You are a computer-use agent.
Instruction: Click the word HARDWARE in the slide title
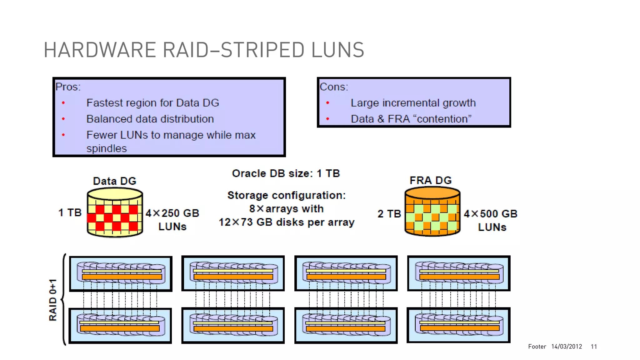(x=100, y=50)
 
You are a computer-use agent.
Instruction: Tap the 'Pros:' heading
(x=68, y=87)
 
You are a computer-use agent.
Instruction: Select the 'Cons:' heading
(x=334, y=87)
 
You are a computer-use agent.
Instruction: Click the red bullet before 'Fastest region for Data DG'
(x=63, y=103)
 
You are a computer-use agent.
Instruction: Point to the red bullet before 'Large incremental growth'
(x=327, y=103)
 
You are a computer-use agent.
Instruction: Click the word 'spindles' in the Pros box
(x=107, y=148)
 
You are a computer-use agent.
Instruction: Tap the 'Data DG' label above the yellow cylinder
(x=115, y=181)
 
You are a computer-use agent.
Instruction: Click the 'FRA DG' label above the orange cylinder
(x=431, y=180)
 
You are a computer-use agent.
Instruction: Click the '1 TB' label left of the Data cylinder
(x=70, y=213)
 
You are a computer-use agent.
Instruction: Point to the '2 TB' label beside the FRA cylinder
(x=389, y=214)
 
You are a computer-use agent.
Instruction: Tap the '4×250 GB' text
(x=172, y=213)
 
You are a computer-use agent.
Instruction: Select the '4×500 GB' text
(x=491, y=214)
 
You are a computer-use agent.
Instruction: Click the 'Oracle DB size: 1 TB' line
(x=286, y=173)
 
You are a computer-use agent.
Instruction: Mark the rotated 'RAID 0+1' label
(x=53, y=300)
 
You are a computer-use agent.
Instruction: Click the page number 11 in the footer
(x=594, y=347)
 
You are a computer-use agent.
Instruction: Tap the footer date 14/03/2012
(x=567, y=347)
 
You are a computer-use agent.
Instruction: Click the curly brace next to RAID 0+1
(x=63, y=299)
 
